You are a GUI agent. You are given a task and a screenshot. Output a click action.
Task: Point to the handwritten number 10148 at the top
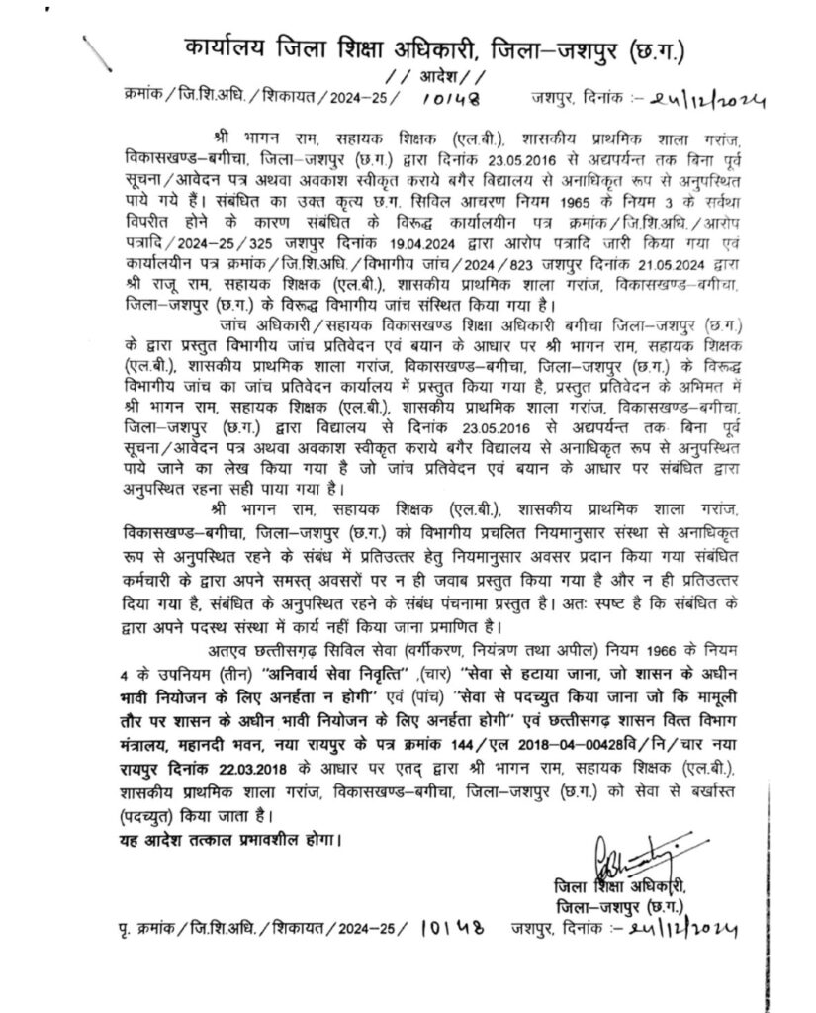coord(449,100)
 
